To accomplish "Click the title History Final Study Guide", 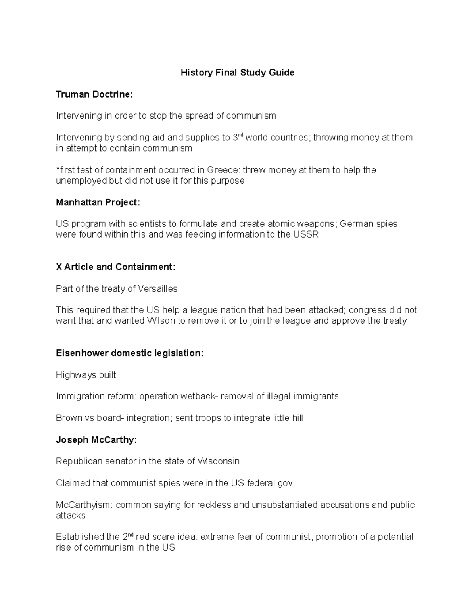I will (x=237, y=73).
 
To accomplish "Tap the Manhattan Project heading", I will (x=98, y=202).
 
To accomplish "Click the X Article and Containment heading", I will (x=115, y=267).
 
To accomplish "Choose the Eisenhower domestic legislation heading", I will (x=129, y=353).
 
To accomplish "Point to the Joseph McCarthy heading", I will (x=96, y=439).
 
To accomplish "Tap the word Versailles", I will (x=157, y=289).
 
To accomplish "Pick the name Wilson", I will (x=161, y=320).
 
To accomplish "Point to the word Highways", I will (x=73, y=375).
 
